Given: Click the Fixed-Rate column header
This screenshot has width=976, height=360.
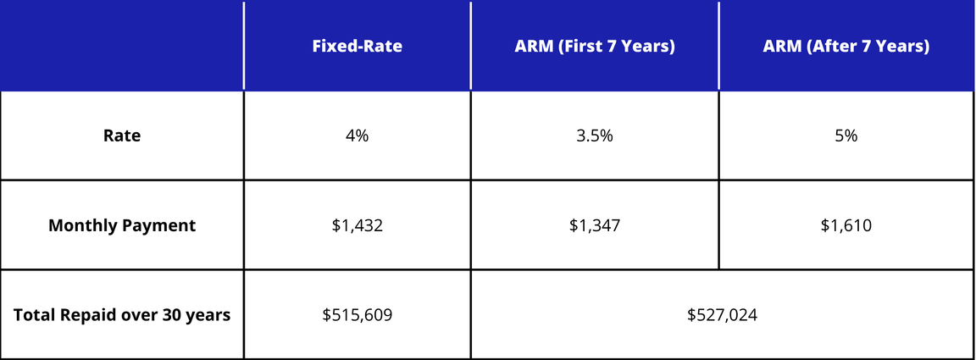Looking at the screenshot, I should pos(357,46).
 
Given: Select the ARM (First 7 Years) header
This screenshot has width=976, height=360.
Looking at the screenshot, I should pos(595,46).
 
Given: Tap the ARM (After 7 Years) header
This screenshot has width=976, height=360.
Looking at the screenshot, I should pos(846,46).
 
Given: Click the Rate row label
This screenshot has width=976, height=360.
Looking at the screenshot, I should pos(122,136).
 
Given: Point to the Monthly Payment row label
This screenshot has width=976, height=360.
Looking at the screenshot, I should pos(122,225).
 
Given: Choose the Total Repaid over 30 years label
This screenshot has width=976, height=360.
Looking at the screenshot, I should pos(122,315).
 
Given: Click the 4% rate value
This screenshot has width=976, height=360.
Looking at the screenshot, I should pos(357,136).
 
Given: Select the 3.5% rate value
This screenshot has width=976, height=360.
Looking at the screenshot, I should pos(595,136).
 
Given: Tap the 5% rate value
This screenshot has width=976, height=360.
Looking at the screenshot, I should pos(846,136).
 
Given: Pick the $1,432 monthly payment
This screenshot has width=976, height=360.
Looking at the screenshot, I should pos(357,225).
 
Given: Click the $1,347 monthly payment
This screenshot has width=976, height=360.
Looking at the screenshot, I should pos(595,225).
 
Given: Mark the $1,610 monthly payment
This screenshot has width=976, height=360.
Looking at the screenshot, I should pos(846,225).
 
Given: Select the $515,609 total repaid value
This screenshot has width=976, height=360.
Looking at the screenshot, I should pos(357,315).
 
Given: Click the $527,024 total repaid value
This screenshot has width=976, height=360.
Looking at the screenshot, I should pos(722,315).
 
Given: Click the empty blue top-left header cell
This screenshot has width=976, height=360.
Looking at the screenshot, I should pos(122,46).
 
